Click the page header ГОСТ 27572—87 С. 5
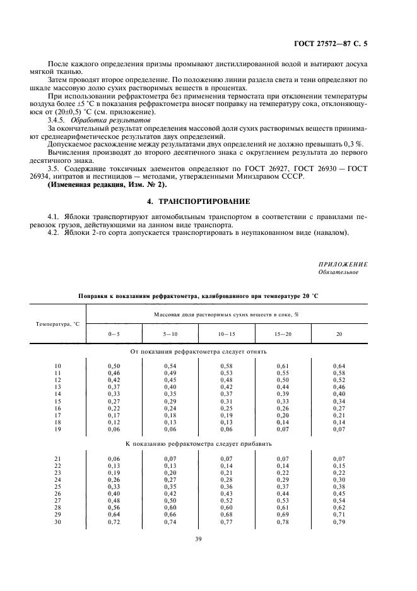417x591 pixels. [x=331, y=44]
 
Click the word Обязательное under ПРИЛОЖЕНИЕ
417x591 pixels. [x=339, y=272]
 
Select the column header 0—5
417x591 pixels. [x=114, y=333]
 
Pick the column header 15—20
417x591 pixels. [x=283, y=333]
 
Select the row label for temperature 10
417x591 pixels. [x=58, y=366]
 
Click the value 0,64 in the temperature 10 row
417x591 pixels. [x=339, y=366]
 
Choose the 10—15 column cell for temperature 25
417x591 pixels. [x=226, y=487]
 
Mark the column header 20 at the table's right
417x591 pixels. [x=339, y=333]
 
